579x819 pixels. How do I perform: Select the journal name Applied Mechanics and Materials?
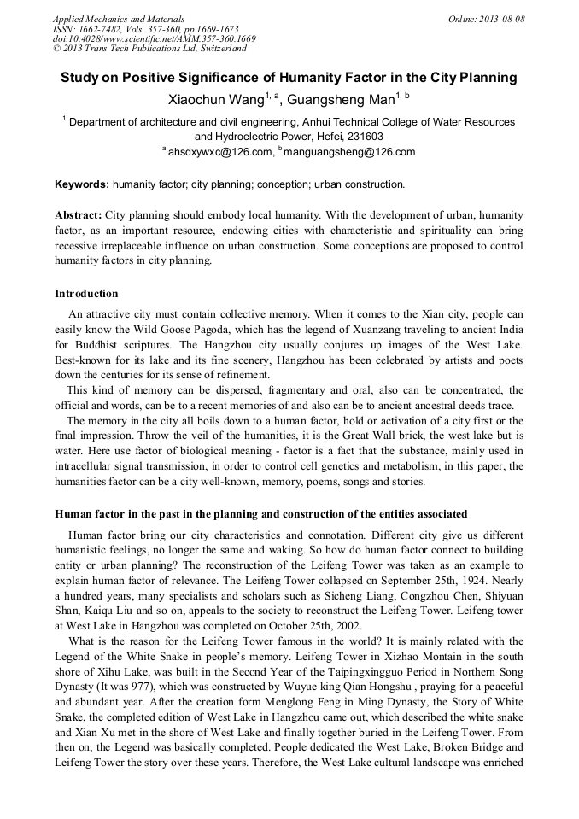[x=118, y=19]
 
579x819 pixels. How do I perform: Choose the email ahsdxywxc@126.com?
[x=219, y=153]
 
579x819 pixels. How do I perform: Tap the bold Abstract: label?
[x=79, y=215]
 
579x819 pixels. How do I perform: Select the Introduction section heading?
[x=86, y=294]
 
